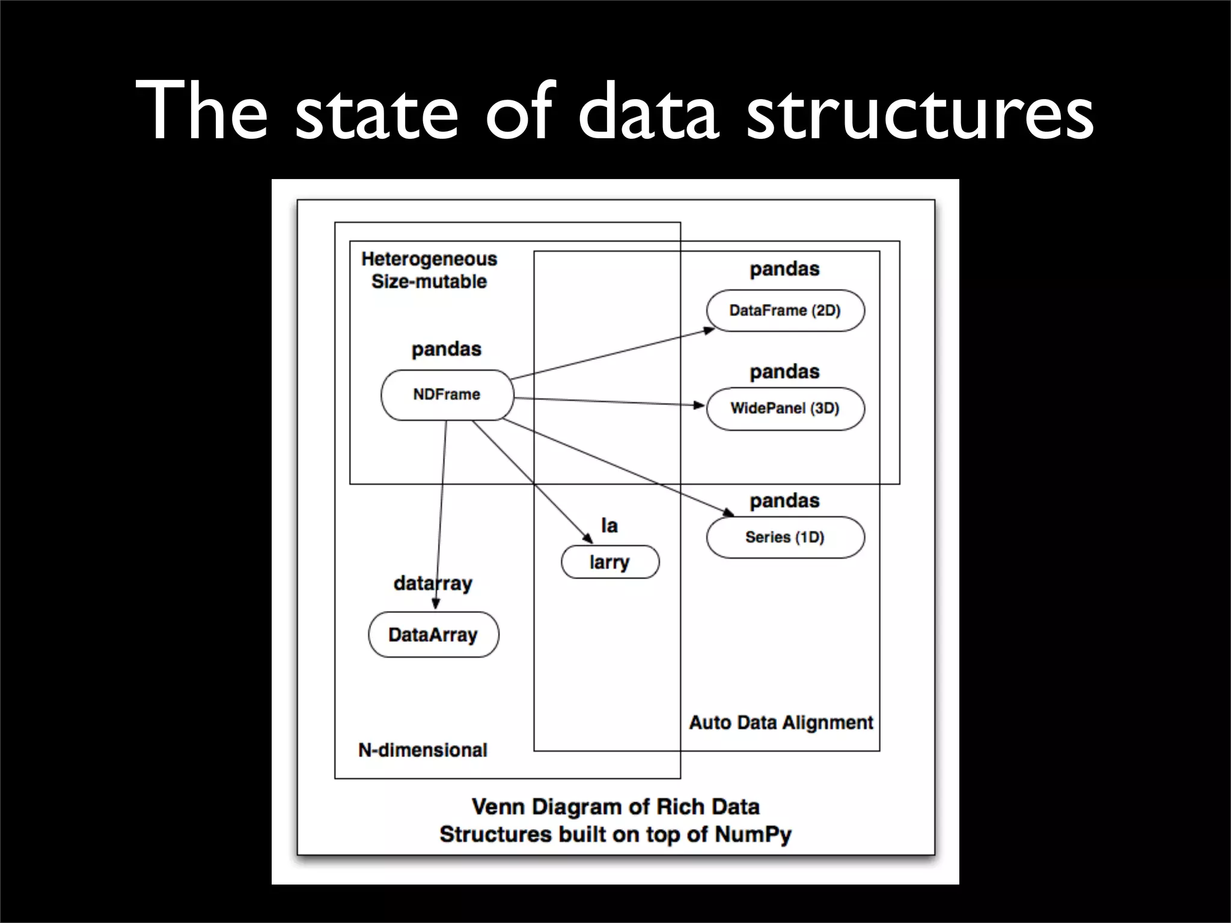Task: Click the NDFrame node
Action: (447, 395)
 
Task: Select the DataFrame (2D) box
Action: (785, 311)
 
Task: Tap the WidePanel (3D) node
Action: (785, 409)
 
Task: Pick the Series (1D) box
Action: (785, 537)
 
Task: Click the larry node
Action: (609, 562)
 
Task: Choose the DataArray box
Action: (433, 635)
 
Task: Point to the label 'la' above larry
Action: (609, 526)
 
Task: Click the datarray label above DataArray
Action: (433, 583)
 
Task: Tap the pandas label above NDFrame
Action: (446, 349)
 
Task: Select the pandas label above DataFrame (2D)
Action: (784, 269)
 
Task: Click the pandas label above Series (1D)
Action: (784, 501)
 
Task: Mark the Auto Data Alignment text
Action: (781, 722)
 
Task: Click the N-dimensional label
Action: (423, 750)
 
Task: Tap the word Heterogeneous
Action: (429, 259)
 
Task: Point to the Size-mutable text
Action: (429, 281)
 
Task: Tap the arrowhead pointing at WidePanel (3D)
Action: (699, 405)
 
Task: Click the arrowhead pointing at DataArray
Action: (436, 604)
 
